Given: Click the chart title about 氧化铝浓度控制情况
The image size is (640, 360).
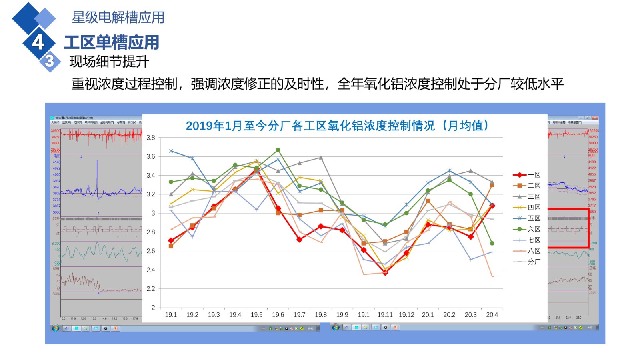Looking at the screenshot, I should (337, 126).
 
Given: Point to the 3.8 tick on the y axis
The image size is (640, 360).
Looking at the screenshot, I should (151, 138).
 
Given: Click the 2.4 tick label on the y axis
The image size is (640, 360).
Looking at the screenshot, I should (151, 270).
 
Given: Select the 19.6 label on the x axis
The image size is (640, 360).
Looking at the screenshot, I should (278, 315).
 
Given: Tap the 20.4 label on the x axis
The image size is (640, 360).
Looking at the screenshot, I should (492, 315).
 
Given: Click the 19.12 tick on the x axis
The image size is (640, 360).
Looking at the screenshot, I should (406, 315).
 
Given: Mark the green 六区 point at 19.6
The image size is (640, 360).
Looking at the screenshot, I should (278, 150).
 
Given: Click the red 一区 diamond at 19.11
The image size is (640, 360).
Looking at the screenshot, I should (385, 272).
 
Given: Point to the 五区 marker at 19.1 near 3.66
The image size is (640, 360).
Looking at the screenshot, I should (171, 151).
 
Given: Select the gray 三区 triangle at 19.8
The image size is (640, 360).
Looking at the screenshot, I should (321, 158).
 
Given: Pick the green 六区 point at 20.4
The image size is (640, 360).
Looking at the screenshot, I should (492, 243).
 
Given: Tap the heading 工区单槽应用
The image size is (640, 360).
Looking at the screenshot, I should (112, 42).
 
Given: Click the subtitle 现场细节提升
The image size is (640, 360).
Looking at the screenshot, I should (109, 62).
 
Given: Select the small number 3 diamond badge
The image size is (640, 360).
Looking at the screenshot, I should (50, 61).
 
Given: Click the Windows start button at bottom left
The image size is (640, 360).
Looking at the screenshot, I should (56, 328).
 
